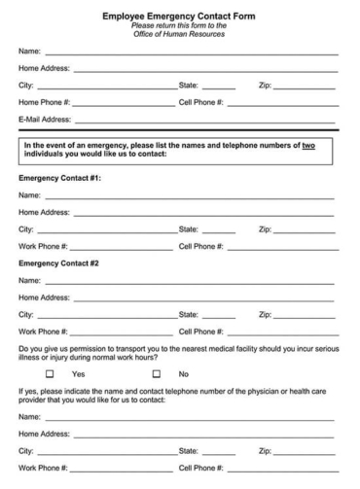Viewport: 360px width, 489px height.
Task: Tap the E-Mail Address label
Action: [45, 120]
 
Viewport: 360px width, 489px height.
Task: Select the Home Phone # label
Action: [44, 102]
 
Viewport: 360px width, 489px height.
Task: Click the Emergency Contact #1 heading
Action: [59, 179]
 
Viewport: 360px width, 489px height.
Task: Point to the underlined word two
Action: [308, 145]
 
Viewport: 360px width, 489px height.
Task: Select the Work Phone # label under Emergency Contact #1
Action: [43, 247]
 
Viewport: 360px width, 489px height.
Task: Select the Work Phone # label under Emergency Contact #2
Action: [43, 332]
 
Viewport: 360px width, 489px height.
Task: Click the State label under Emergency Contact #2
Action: [189, 314]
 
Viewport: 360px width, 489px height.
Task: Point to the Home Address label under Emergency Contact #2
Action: [44, 297]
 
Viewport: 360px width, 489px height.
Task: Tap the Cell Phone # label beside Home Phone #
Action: [201, 102]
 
